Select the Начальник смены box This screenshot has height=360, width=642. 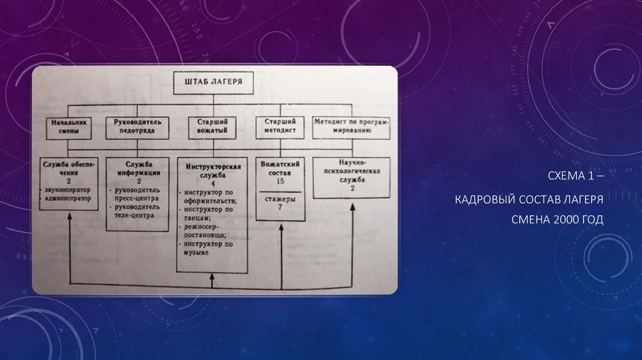click(69, 127)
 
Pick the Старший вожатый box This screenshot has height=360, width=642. click(212, 126)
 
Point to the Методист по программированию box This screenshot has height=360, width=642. click(350, 126)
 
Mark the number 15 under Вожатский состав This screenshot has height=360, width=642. click(280, 181)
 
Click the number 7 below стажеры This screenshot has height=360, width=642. click(280, 208)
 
